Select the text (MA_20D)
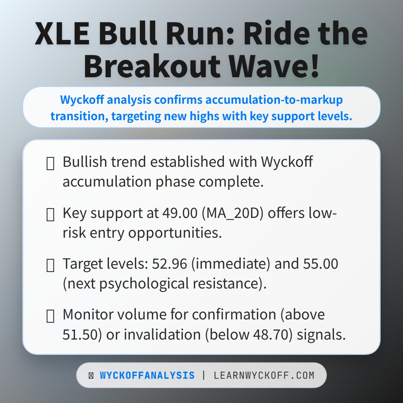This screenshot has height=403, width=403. [x=229, y=213]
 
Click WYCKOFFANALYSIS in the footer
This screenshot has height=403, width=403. [x=147, y=375]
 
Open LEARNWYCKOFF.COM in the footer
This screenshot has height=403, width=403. [x=264, y=375]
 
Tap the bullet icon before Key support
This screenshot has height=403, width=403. [x=50, y=215]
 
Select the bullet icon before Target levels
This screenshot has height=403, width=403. [x=50, y=265]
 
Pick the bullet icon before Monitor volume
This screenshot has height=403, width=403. [x=50, y=316]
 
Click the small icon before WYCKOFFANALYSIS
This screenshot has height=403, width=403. [x=91, y=375]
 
